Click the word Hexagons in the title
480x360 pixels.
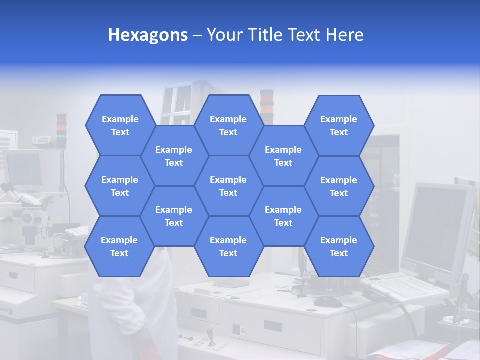click(x=148, y=35)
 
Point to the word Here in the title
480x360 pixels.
click(x=344, y=35)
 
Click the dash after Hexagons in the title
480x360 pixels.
click(x=197, y=35)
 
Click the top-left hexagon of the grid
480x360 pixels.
click(x=120, y=125)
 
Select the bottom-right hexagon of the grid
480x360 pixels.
click(x=339, y=246)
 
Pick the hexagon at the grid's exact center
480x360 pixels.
click(x=228, y=186)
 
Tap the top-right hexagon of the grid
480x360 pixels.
click(x=339, y=125)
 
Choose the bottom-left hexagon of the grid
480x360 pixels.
click(x=119, y=246)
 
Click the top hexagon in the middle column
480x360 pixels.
click(x=228, y=125)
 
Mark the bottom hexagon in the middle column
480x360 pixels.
click(x=228, y=246)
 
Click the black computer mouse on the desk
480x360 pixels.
click(x=328, y=301)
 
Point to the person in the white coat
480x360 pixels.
click(x=135, y=310)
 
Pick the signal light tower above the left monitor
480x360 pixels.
click(x=61, y=129)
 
